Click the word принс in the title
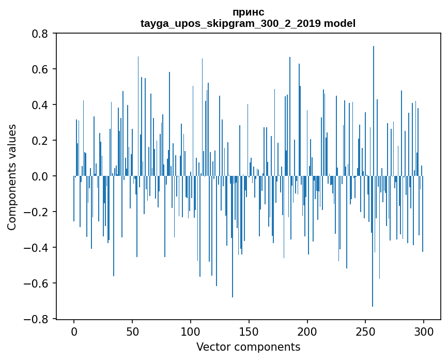(x=248, y=12)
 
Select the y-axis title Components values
(x=12, y=177)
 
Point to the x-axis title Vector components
(x=248, y=347)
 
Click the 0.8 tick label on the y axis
(x=40, y=34)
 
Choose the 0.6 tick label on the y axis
(x=40, y=69)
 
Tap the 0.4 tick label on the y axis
(x=40, y=105)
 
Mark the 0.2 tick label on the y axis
(x=40, y=141)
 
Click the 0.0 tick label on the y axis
(x=40, y=176)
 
